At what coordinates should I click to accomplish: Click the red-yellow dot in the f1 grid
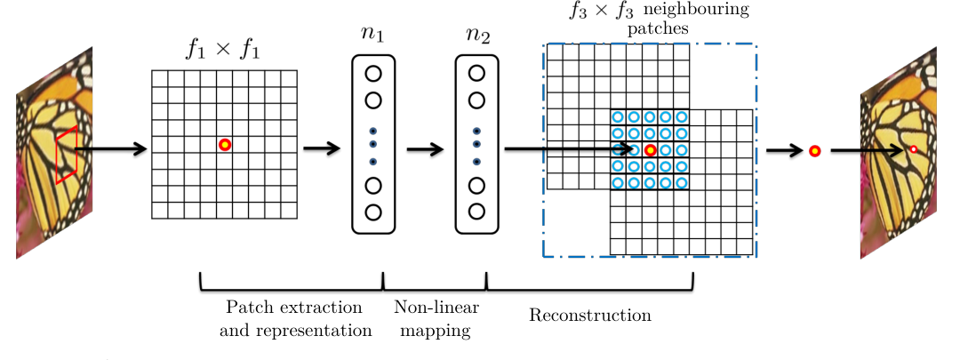pyautogui.click(x=225, y=145)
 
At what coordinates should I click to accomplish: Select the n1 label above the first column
pyautogui.click(x=372, y=38)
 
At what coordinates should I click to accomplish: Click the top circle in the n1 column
pyautogui.click(x=372, y=74)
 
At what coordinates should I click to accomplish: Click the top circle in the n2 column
pyautogui.click(x=476, y=74)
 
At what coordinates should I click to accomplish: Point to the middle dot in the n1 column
pyautogui.click(x=372, y=143)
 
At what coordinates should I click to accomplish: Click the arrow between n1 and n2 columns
pyautogui.click(x=425, y=149)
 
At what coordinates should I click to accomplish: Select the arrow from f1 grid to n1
pyautogui.click(x=322, y=148)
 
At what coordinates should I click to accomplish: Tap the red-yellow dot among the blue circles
pyautogui.click(x=650, y=150)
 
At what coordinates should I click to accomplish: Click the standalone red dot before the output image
pyautogui.click(x=814, y=151)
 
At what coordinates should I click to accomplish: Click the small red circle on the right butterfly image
pyautogui.click(x=911, y=150)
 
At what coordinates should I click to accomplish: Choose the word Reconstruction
pyautogui.click(x=589, y=316)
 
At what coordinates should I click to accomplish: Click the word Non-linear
pyautogui.click(x=436, y=308)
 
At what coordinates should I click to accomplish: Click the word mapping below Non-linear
pyautogui.click(x=436, y=331)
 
